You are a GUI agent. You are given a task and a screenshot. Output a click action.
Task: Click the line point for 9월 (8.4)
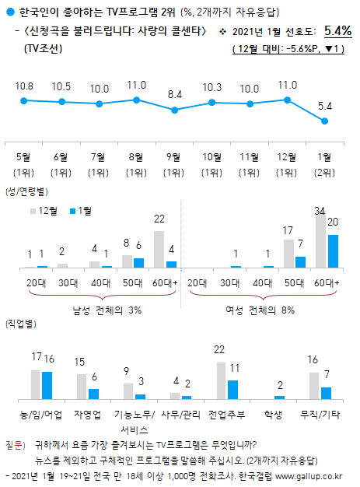click(174, 107)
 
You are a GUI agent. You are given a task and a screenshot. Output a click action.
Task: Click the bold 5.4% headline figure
click(337, 31)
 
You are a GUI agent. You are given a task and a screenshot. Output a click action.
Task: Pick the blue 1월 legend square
click(72, 210)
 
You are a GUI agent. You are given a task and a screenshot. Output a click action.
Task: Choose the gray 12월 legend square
click(33, 210)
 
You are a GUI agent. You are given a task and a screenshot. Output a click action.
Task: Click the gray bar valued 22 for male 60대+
click(159, 249)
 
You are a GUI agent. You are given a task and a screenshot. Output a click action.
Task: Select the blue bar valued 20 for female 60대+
click(332, 251)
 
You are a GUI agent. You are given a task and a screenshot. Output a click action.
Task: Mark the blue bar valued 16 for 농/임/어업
click(46, 385)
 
